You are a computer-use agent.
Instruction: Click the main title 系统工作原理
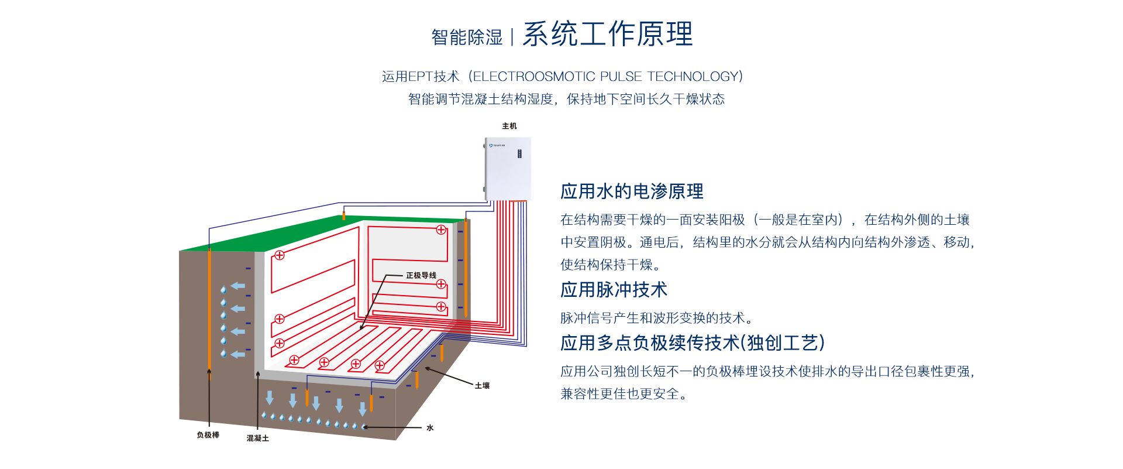click(608, 34)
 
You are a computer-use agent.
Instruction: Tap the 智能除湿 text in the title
click(467, 37)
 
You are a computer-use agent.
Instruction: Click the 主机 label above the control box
click(509, 126)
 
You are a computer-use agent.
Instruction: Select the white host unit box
click(508, 169)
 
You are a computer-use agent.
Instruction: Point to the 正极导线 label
click(421, 275)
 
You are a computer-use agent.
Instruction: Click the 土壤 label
click(482, 385)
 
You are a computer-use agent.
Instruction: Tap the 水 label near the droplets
click(430, 428)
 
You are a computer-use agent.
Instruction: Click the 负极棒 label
click(208, 435)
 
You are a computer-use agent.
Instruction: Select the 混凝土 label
click(257, 438)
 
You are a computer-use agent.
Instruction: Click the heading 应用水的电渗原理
click(632, 191)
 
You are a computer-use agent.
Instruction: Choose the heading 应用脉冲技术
click(614, 290)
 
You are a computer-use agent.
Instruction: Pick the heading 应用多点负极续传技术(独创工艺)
click(693, 343)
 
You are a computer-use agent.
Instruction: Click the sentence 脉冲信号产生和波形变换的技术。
click(657, 318)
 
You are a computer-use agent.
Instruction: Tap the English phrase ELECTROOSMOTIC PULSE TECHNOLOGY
click(608, 77)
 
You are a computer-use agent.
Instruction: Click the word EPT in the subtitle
click(421, 77)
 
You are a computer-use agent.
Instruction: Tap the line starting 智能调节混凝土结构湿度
click(566, 99)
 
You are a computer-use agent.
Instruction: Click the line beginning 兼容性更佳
click(623, 394)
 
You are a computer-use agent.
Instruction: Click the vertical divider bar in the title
click(512, 37)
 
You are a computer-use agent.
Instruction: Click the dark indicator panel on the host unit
click(519, 153)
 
